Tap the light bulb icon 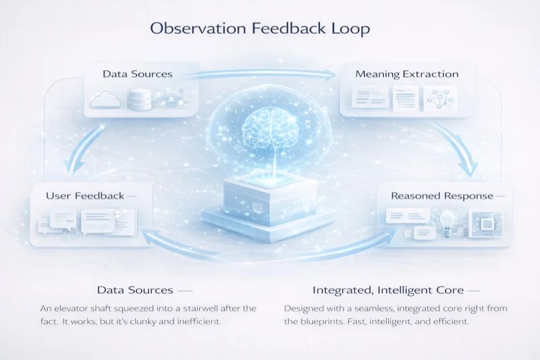(447, 222)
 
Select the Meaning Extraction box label (407, 74)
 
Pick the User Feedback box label (85, 196)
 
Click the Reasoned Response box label (441, 196)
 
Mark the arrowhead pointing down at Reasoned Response (467, 169)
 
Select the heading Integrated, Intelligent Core (387, 290)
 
